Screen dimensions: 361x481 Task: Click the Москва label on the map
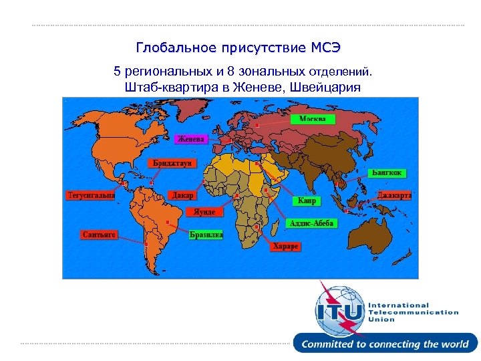pyautogui.click(x=312, y=118)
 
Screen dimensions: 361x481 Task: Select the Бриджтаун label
pyautogui.click(x=172, y=163)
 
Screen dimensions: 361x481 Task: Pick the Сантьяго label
pyautogui.click(x=100, y=235)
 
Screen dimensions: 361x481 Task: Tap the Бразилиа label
pyautogui.click(x=206, y=235)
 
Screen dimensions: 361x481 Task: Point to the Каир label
pyautogui.click(x=307, y=201)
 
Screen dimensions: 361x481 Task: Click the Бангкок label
pyautogui.click(x=387, y=172)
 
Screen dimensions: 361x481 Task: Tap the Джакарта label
pyautogui.click(x=393, y=195)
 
